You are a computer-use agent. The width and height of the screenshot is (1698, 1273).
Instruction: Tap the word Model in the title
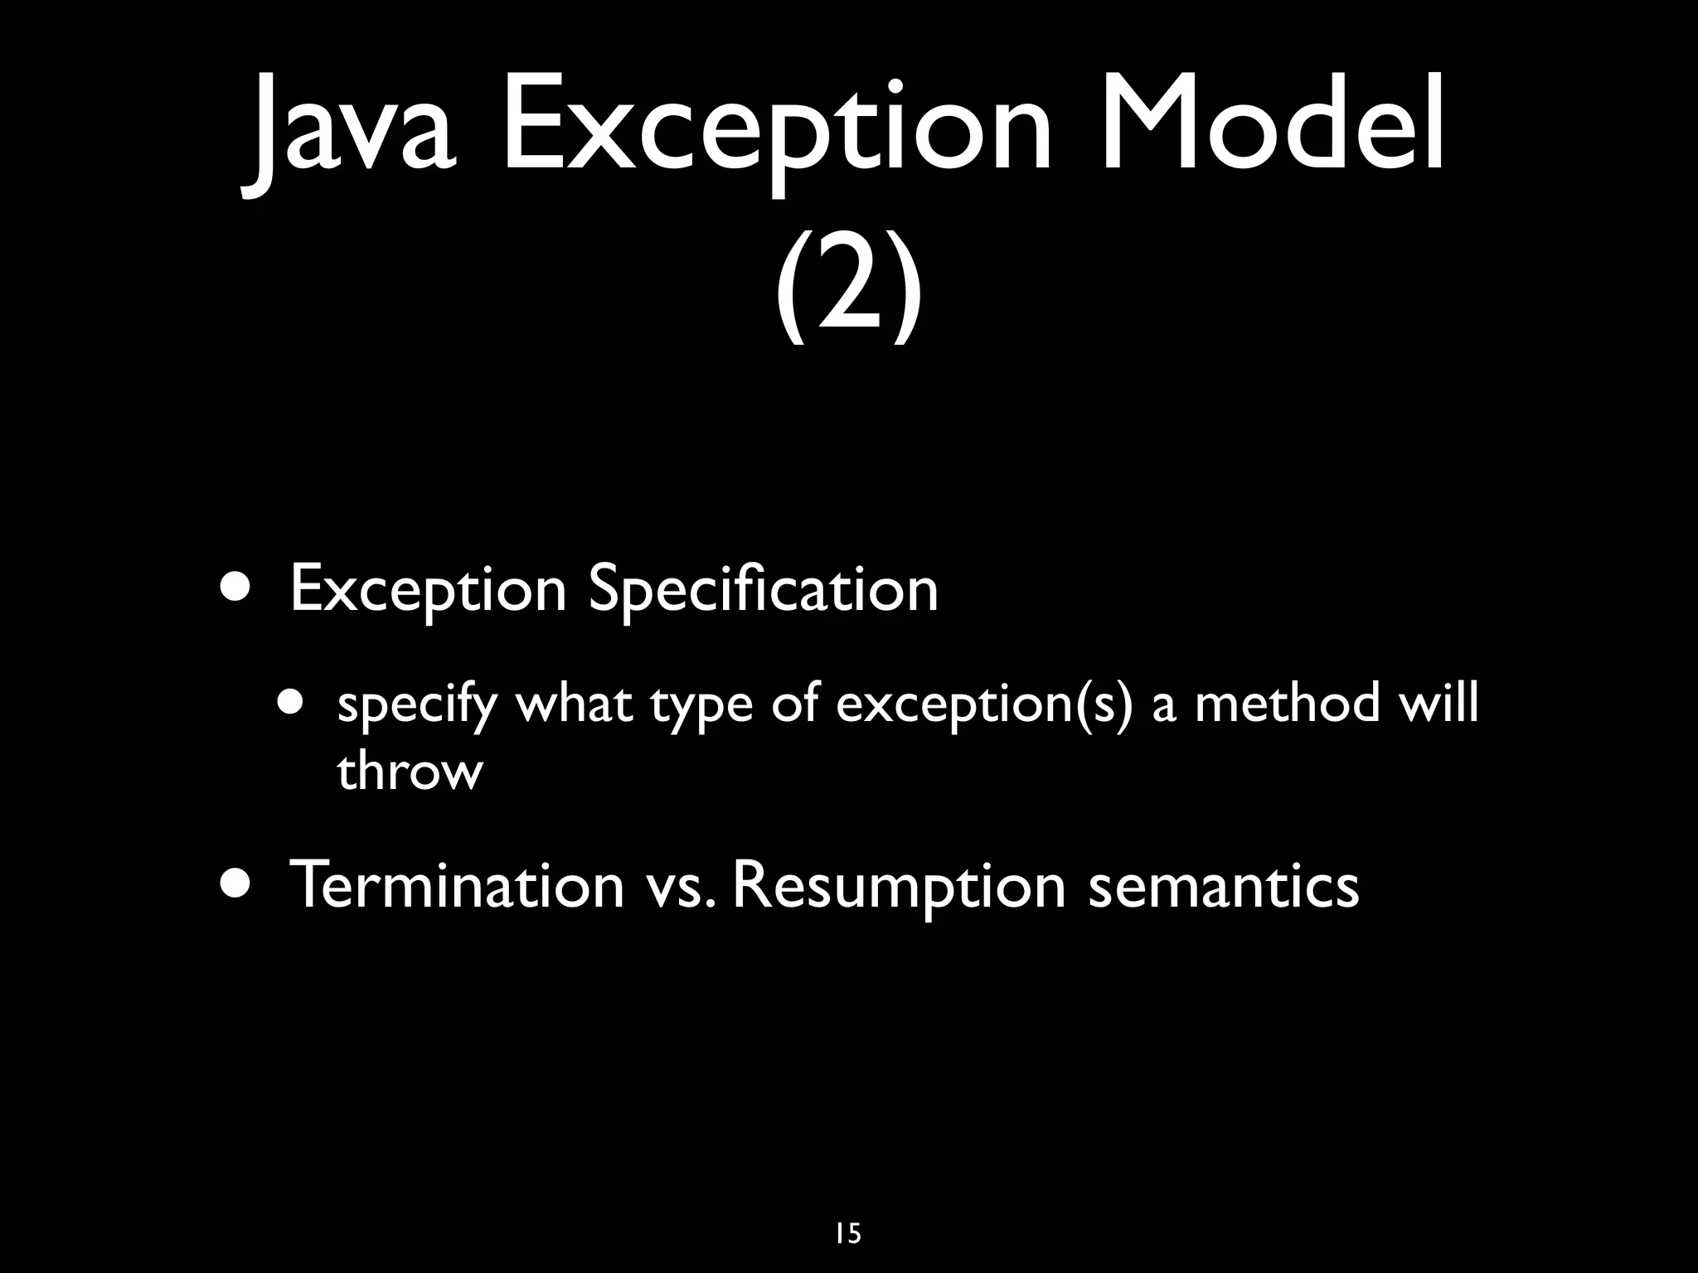pyautogui.click(x=1273, y=124)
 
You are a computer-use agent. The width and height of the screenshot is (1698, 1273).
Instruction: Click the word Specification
pyautogui.click(x=763, y=590)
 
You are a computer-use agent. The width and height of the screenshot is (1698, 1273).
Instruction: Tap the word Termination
pyautogui.click(x=456, y=884)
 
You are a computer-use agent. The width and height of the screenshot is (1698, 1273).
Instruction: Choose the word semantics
pyautogui.click(x=1223, y=886)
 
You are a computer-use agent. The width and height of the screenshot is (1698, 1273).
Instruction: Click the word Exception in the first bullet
pyautogui.click(x=428, y=590)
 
